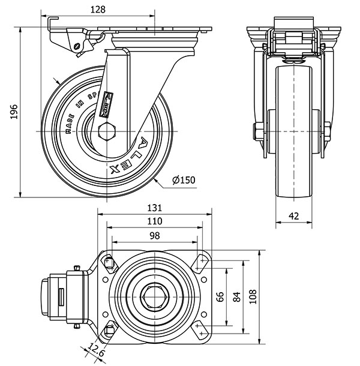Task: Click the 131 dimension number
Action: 155,208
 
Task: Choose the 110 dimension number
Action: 155,221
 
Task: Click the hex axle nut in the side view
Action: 106,131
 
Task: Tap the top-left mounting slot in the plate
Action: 110,261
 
